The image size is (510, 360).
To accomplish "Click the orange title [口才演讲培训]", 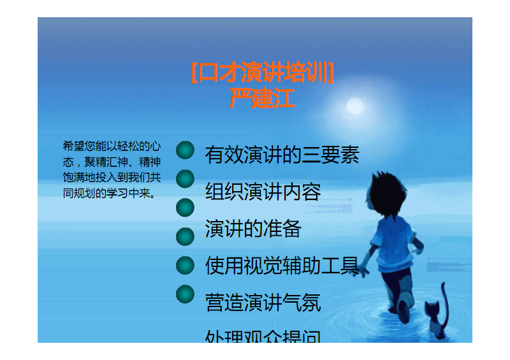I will coord(262,73).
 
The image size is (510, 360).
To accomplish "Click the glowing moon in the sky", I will coord(354,105).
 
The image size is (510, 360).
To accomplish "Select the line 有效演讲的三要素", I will coord(282,155).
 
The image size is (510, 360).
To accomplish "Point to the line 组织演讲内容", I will coord(263,192).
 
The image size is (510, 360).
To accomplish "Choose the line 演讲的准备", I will coord(253,229).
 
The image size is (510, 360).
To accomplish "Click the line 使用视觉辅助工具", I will coord(282,266).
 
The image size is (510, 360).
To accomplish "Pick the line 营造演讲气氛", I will coord(263,302).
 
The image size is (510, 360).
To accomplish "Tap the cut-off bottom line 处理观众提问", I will coord(263,336).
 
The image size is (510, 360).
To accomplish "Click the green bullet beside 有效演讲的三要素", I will coord(185,150).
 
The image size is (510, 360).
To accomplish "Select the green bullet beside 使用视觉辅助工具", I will coord(185,265).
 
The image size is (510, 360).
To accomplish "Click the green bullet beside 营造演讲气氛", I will coord(185,294).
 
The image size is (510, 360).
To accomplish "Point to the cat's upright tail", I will coord(444,296).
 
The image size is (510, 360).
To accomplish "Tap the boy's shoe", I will coord(403,310).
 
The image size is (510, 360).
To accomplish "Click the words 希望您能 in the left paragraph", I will coord(85,146).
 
